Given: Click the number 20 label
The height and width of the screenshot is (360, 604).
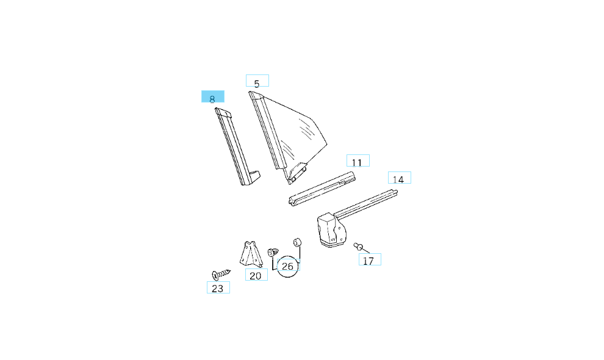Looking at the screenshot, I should click(256, 275).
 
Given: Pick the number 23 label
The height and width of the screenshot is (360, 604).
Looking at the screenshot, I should click(218, 287).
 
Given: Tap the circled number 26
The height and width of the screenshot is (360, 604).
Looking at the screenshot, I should click(288, 266).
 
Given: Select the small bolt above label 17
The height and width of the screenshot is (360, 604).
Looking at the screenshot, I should click(359, 246).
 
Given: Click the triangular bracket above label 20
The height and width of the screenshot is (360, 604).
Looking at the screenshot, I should click(250, 253).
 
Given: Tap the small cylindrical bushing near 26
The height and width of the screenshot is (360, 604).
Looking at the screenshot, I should click(298, 242).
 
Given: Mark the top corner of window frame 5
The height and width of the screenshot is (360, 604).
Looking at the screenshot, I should click(253, 95).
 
